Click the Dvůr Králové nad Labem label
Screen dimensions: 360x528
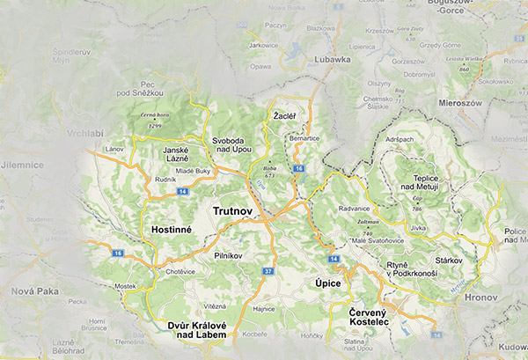(198, 331)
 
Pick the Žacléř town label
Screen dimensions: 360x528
(284, 116)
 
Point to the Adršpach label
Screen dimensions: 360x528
(399, 140)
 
